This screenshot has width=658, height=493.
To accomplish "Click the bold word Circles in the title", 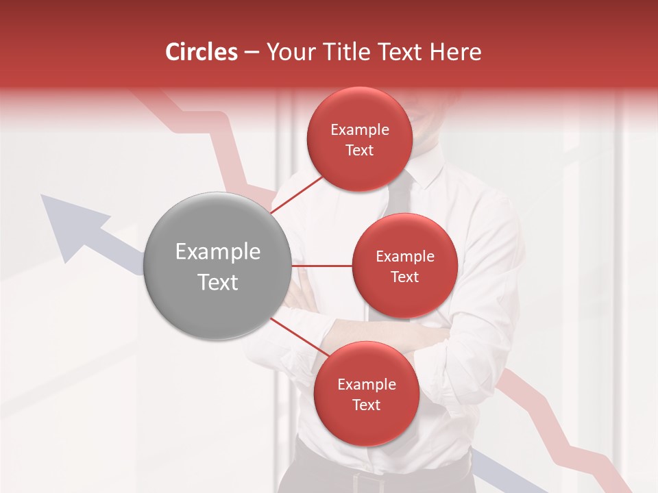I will click(201, 52).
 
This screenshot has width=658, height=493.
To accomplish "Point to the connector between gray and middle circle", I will click(321, 266).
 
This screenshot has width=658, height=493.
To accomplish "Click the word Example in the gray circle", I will click(218, 252).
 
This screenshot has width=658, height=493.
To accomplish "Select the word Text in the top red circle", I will click(359, 151).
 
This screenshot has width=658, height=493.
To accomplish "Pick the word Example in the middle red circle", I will click(404, 257).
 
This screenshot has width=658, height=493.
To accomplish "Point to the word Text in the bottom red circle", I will click(366, 405).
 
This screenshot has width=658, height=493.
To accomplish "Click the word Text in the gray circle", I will click(218, 282).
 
